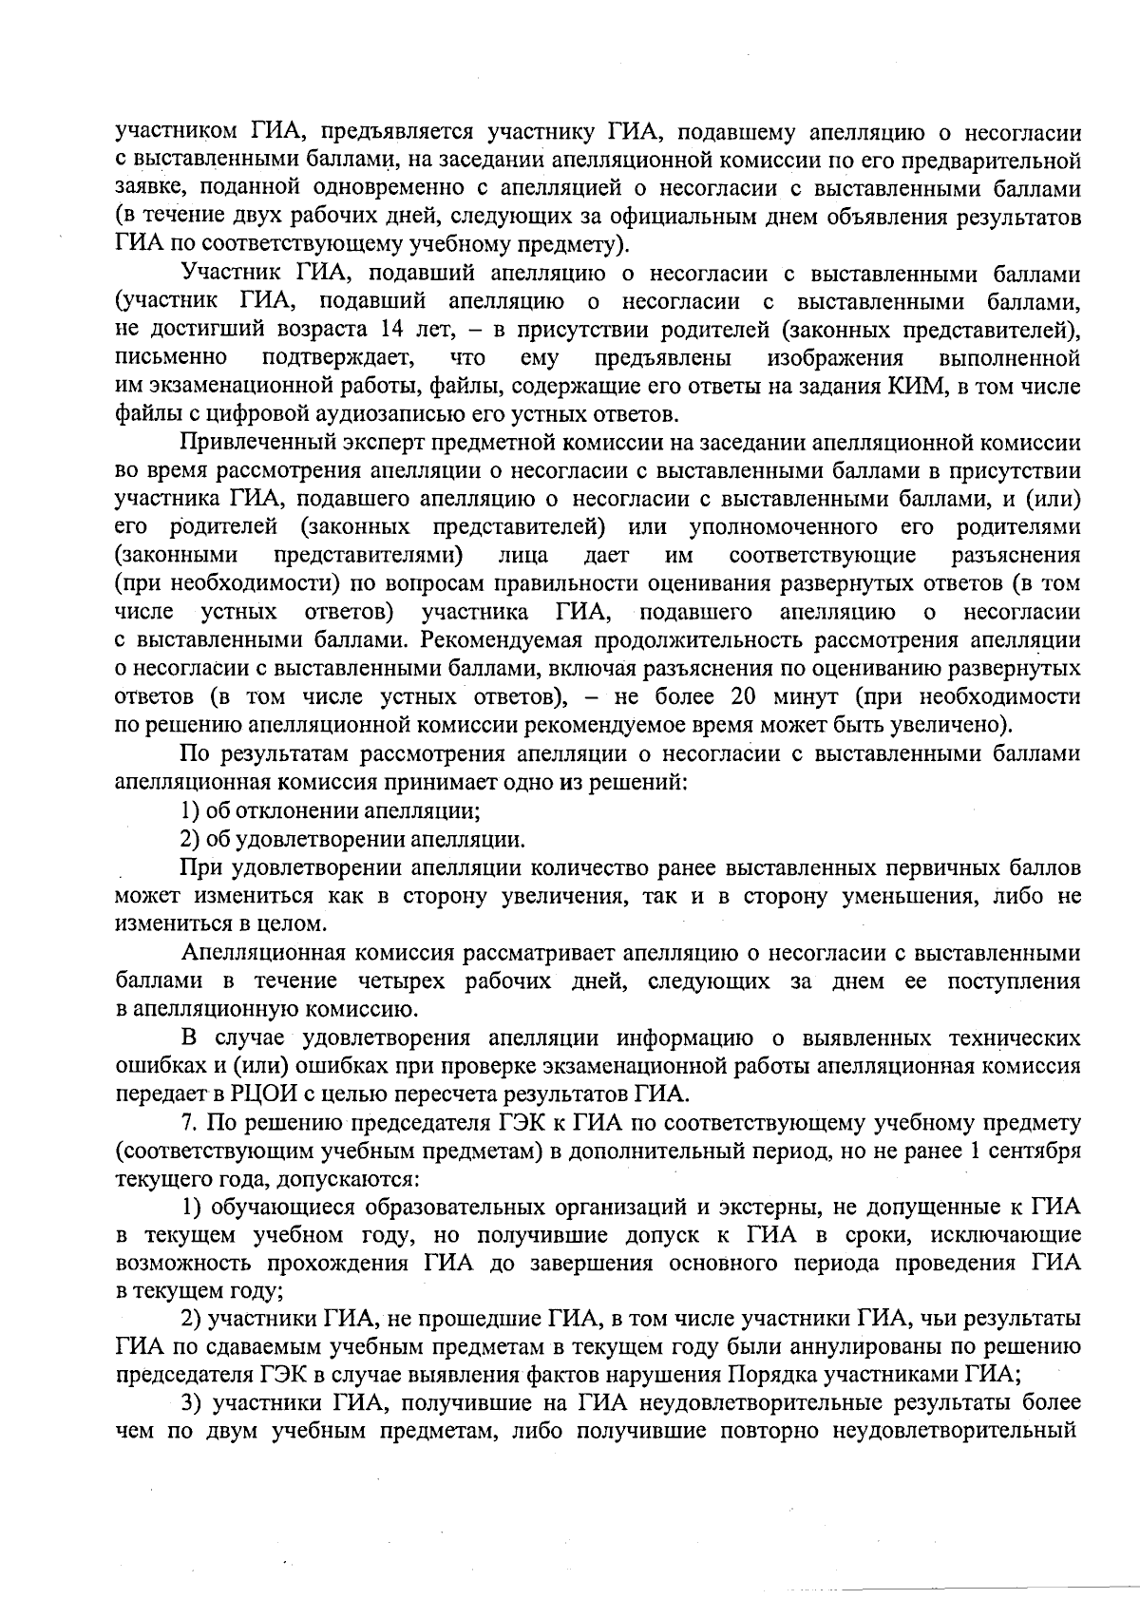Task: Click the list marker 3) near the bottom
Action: pos(192,1403)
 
